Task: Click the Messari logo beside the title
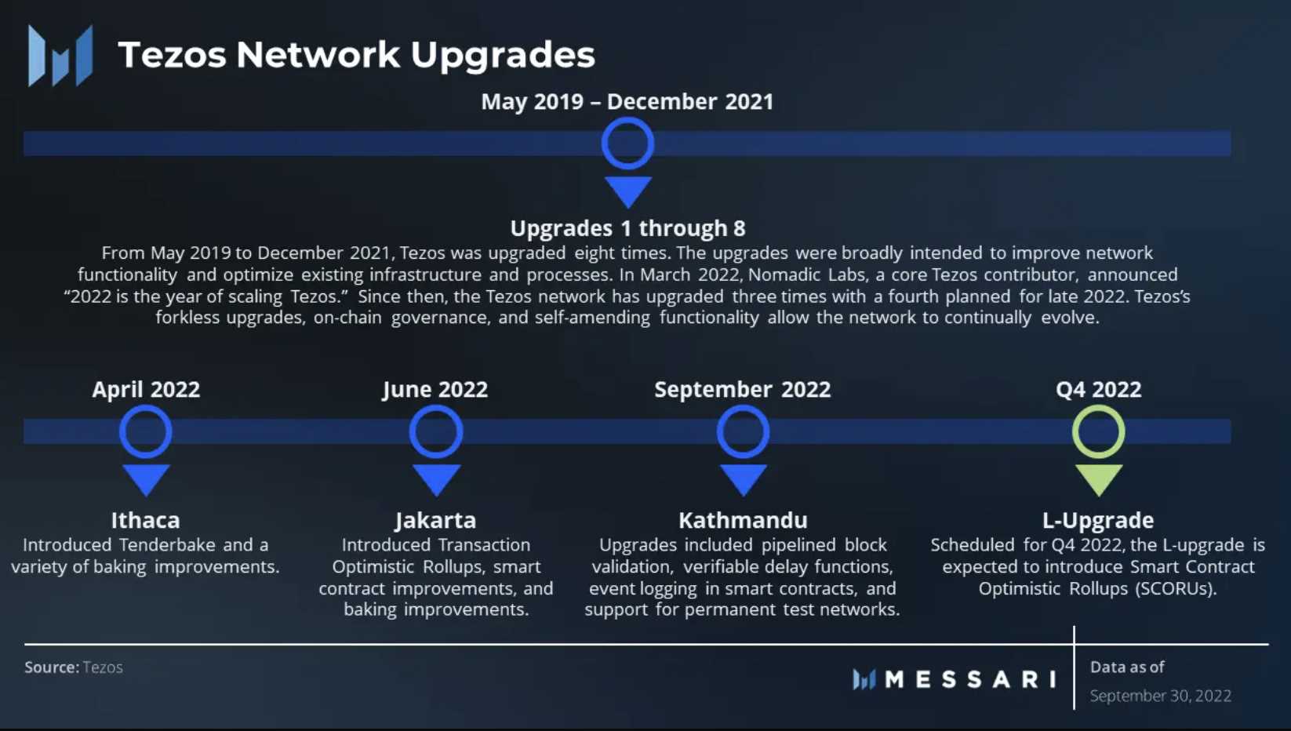60,56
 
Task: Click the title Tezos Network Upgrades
356,55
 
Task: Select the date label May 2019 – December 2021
627,101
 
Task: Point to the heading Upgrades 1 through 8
627,228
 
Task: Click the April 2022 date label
146,390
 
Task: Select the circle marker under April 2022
146,407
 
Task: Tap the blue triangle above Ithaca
147,479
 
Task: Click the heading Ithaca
145,520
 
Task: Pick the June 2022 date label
435,390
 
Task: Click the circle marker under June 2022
436,407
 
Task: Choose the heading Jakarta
436,521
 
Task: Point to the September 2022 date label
742,390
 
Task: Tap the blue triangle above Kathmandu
744,479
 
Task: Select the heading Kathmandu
743,520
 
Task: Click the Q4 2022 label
1099,390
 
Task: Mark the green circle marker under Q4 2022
1099,407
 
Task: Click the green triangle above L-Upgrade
1099,479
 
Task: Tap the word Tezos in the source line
103,667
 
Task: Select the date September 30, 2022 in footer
1160,696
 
